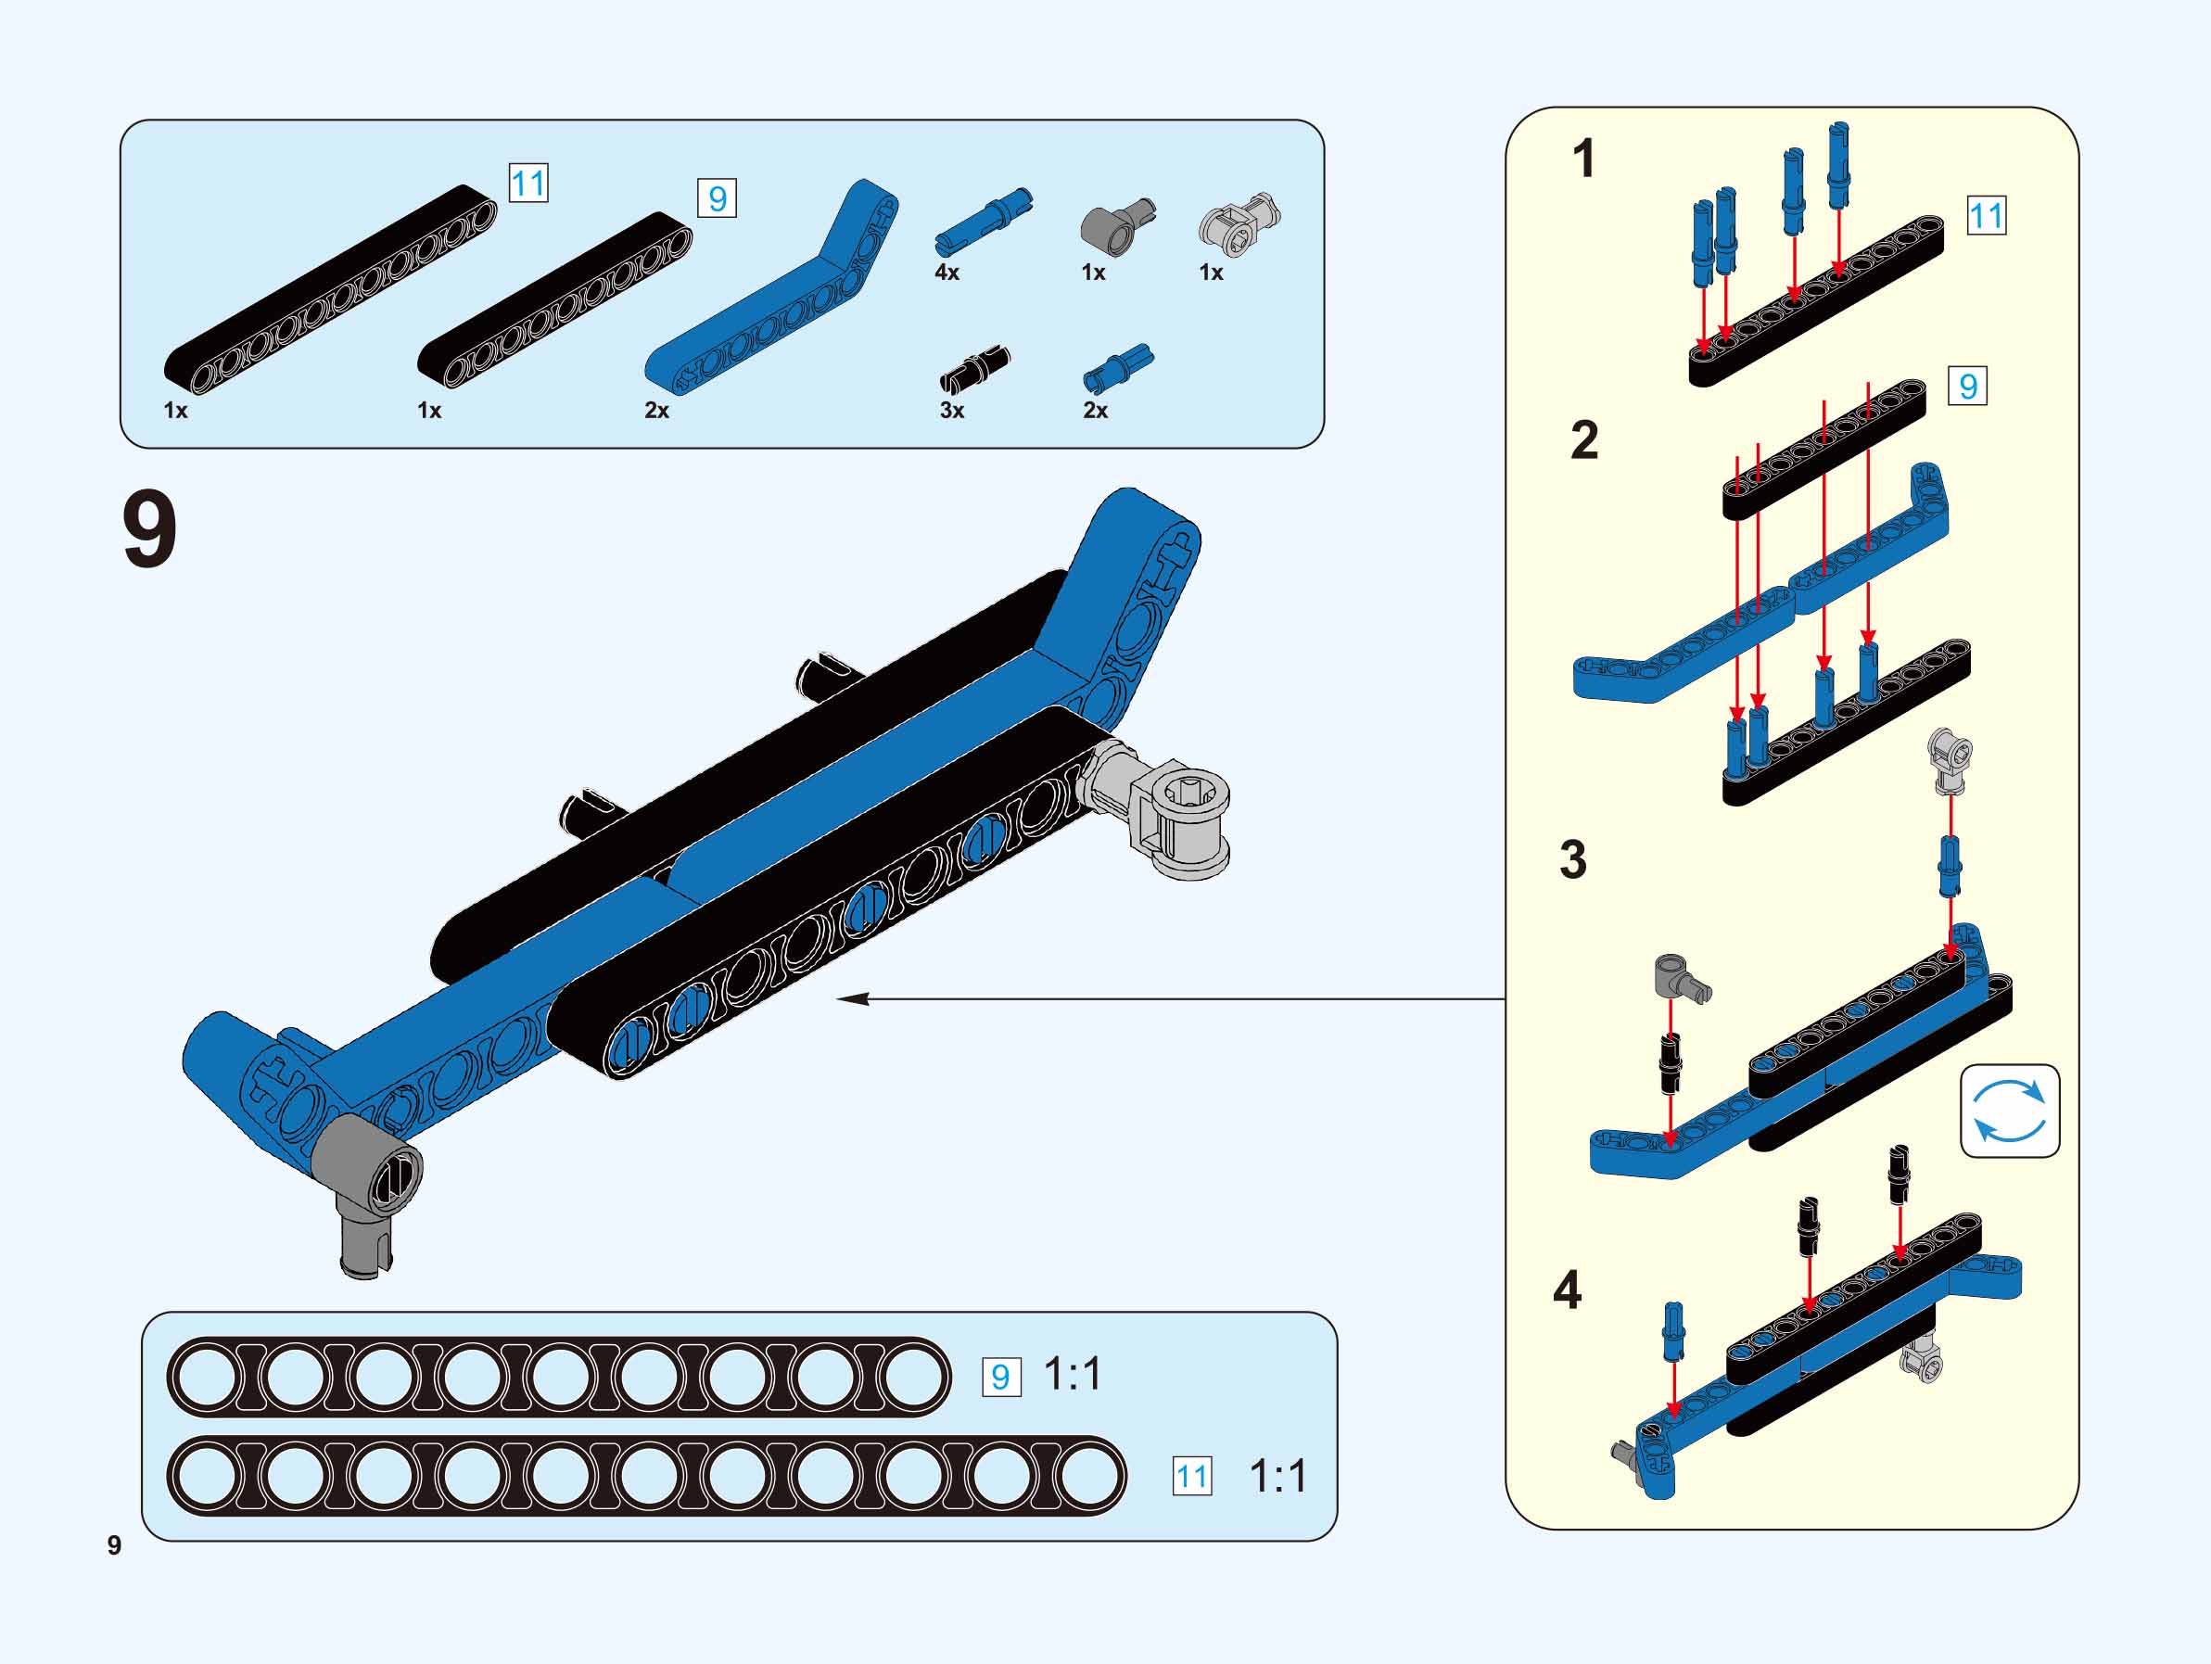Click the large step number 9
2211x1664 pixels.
click(150, 533)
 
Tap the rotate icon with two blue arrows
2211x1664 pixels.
click(2009, 1111)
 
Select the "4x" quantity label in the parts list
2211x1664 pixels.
click(947, 272)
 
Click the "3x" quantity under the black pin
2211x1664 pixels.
click(951, 410)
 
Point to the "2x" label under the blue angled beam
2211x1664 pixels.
click(656, 410)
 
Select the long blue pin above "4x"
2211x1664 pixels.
click(985, 217)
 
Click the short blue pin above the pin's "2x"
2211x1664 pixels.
click(1116, 368)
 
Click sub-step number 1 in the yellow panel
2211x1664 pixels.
click(1583, 159)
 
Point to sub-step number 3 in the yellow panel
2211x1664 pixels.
click(1572, 859)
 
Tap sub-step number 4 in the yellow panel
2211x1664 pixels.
click(1568, 1290)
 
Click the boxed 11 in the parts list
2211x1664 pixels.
click(527, 184)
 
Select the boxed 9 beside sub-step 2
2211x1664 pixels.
click(1967, 386)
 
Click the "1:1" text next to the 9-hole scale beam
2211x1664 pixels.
click(1073, 1375)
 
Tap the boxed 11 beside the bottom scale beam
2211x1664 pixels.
click(1191, 1476)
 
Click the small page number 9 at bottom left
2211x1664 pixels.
click(114, 1545)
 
